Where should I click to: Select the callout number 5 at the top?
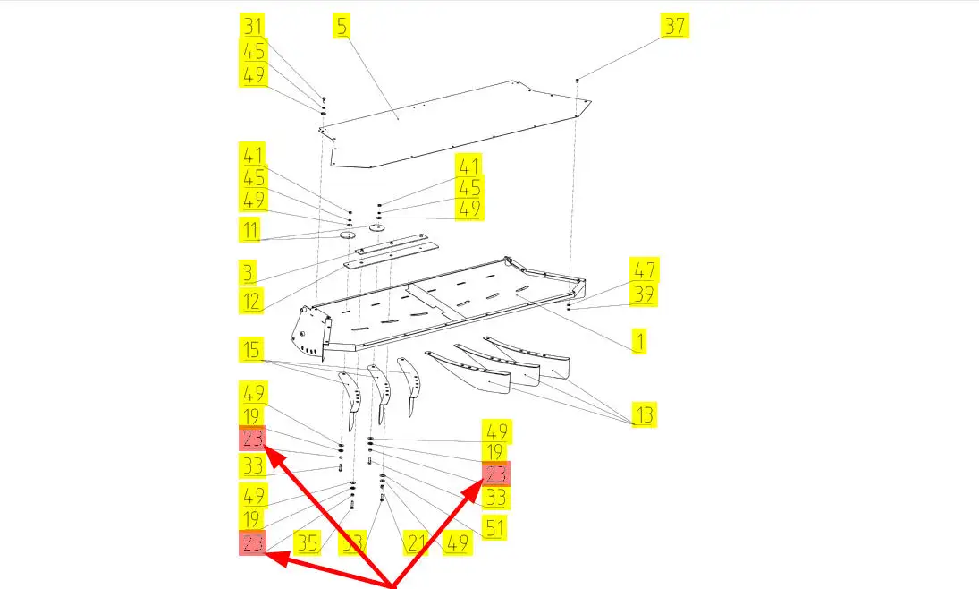342,26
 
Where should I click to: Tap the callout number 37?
674,27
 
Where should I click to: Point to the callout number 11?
250,230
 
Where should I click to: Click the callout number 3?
248,272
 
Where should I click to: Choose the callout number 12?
251,300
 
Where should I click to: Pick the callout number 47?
644,270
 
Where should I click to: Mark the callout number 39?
644,295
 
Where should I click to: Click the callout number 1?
639,340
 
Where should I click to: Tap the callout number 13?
645,415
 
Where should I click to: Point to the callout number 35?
308,542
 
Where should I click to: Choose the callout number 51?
494,527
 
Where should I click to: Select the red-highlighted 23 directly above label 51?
496,475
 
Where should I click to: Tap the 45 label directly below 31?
253,51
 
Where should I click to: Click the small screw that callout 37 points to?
578,81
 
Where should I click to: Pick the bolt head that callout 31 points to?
323,98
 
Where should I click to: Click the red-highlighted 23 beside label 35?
252,542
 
